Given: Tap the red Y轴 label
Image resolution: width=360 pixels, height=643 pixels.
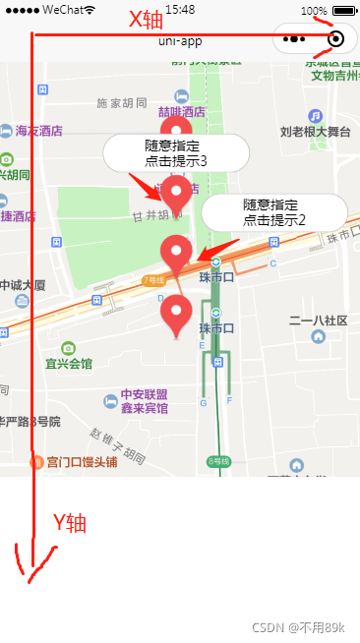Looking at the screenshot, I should [x=71, y=523].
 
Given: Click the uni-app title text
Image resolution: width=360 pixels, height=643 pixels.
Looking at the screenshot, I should [x=179, y=39].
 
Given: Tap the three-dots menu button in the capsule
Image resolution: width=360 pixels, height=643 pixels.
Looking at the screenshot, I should [x=295, y=39].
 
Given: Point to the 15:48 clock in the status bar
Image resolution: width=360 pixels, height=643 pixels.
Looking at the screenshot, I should [x=179, y=9].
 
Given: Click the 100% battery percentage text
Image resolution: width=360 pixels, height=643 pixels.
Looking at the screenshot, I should [x=315, y=10].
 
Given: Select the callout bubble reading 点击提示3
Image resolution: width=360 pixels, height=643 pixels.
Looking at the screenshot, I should [x=175, y=152].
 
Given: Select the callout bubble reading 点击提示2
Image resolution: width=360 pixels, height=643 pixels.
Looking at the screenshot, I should [x=274, y=212].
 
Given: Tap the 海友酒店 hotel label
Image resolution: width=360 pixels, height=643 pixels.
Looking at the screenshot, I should [x=39, y=130].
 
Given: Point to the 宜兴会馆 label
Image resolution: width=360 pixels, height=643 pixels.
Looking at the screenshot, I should [x=68, y=364].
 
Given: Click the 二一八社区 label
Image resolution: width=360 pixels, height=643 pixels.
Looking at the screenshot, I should [x=318, y=321].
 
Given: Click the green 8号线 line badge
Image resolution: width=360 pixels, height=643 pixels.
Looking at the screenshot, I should [x=218, y=461].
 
